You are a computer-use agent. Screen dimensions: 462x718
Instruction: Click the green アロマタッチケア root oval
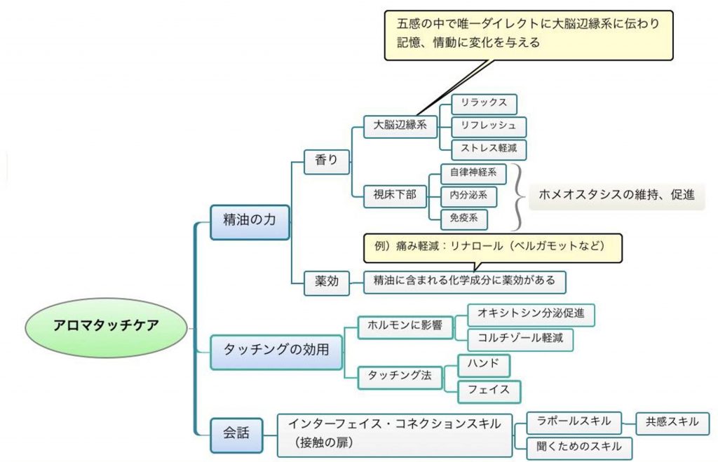coord(107,326)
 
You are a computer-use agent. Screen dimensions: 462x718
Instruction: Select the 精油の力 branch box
coord(250,219)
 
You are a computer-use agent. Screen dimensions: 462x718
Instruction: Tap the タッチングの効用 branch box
coord(276,348)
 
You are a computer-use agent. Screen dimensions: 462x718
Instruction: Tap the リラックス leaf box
coord(484,104)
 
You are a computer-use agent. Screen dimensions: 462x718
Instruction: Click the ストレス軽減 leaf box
coord(489,149)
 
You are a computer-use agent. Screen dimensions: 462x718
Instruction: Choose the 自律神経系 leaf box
coord(473,172)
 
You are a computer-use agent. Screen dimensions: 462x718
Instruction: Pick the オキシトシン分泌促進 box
coord(530,315)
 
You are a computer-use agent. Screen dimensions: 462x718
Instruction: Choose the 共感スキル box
coord(672,423)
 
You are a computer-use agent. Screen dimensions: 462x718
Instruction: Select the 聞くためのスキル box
coord(578,447)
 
